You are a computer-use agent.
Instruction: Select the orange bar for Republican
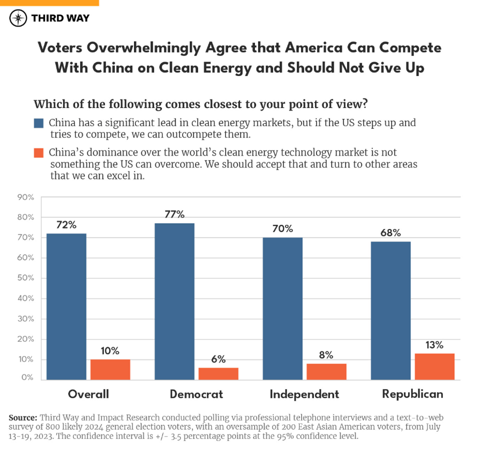(434, 366)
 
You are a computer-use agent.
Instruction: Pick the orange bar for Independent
(326, 371)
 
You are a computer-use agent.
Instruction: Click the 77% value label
(174, 214)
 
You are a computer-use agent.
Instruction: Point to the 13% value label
(434, 345)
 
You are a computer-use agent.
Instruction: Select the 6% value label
(218, 359)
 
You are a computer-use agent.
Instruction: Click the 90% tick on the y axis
(25, 197)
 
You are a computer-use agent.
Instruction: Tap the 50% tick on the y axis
(25, 278)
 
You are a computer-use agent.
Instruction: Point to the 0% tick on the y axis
(27, 377)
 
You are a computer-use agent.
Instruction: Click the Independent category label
(304, 394)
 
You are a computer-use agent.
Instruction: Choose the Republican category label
(412, 394)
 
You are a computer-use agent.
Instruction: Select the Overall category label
(88, 394)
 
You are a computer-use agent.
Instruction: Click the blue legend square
(38, 123)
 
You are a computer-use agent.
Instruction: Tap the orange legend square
(38, 152)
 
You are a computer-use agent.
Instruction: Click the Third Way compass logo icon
(18, 18)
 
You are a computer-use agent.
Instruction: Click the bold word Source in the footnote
(22, 417)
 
